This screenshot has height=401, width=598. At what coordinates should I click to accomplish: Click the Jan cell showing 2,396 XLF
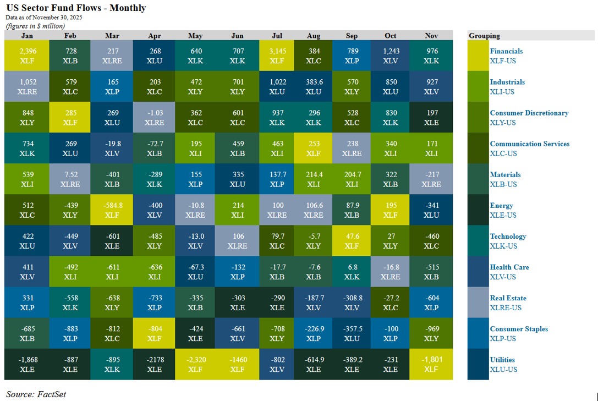tap(26, 56)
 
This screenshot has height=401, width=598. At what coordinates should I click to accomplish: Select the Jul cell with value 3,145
tap(277, 56)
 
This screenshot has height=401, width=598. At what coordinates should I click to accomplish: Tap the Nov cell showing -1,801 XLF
tap(432, 364)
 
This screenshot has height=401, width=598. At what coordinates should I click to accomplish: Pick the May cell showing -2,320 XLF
tap(195, 364)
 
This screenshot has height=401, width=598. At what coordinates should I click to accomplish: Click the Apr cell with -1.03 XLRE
tap(155, 117)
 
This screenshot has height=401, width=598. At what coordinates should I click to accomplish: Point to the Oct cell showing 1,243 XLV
tap(390, 56)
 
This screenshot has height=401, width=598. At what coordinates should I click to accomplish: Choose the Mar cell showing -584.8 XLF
tap(112, 210)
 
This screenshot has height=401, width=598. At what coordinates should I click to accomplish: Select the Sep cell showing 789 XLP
tap(352, 56)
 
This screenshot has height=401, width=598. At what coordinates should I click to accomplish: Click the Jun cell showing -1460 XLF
tap(237, 364)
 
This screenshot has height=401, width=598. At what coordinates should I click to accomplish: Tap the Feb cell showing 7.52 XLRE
tap(70, 179)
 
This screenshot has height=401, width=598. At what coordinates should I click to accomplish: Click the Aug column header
tap(314, 36)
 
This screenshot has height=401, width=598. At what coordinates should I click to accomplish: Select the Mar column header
tap(112, 36)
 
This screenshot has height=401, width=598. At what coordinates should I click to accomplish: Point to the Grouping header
tap(485, 36)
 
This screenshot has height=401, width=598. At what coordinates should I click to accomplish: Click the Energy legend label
tap(502, 206)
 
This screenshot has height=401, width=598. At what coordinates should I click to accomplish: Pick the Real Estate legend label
tap(508, 298)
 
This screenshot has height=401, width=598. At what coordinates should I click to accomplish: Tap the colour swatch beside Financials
tap(478, 56)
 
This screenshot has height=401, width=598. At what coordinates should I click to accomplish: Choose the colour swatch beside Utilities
tap(478, 364)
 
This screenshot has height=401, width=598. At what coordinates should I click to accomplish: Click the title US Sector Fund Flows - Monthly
tap(76, 8)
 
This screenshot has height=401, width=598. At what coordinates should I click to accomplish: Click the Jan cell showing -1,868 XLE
tap(26, 364)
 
